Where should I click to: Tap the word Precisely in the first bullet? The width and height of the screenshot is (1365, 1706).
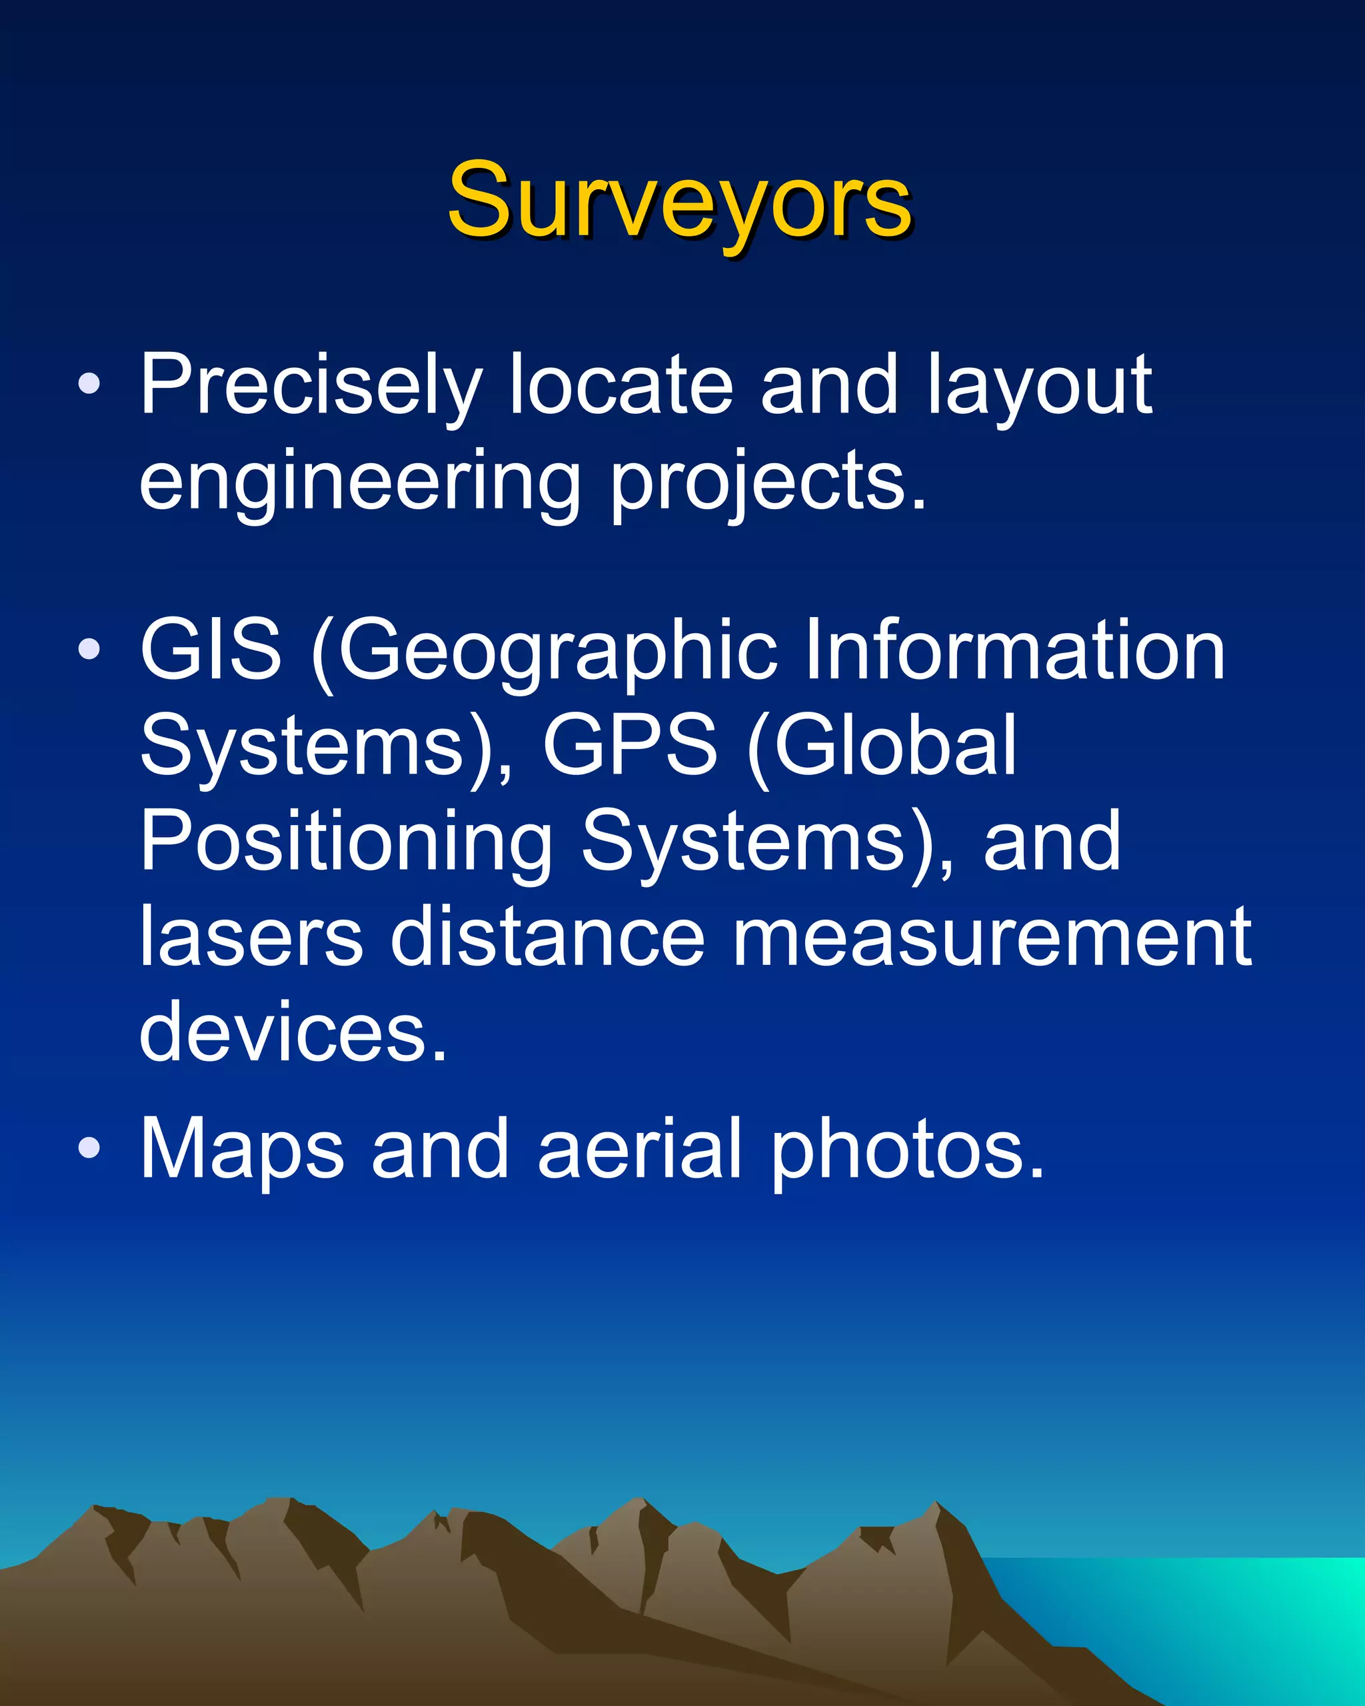(310, 386)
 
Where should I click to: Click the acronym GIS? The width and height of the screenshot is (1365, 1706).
(211, 649)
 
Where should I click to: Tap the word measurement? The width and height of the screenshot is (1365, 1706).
(992, 938)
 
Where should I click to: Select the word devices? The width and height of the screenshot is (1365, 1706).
(293, 1034)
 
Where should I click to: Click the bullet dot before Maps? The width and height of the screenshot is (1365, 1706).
(89, 1148)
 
